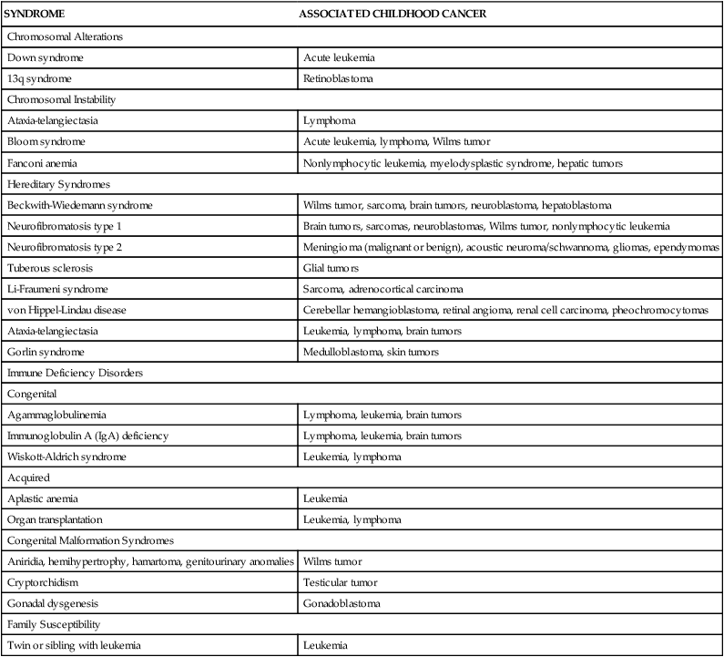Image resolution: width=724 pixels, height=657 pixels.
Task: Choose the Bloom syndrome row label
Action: (43, 141)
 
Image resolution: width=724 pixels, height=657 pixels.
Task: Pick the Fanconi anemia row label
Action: (41, 162)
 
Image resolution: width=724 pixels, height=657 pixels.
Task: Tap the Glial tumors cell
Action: (330, 268)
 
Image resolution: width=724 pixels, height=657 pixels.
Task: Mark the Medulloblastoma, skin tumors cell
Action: (372, 352)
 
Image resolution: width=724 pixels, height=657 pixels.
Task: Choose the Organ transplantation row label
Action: (56, 520)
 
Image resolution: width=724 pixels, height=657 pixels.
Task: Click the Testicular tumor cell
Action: (340, 582)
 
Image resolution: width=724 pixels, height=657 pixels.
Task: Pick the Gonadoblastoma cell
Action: (341, 603)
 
